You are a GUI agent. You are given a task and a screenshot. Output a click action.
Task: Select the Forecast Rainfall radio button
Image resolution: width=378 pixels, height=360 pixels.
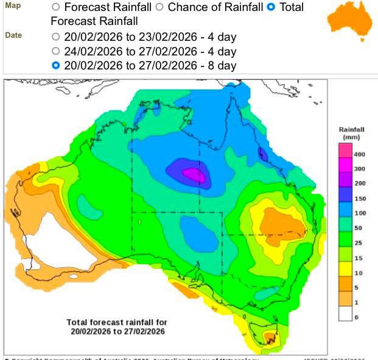[56, 8]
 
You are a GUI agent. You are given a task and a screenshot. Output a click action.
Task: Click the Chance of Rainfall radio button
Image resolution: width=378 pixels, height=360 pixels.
[160, 8]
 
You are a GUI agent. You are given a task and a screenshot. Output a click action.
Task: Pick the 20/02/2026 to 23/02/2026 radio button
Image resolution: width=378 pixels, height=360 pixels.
[56, 36]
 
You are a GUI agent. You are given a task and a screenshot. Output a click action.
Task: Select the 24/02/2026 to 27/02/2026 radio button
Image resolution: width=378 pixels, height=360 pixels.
[56, 51]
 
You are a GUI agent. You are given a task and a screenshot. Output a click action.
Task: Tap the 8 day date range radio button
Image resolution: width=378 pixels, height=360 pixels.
[56, 66]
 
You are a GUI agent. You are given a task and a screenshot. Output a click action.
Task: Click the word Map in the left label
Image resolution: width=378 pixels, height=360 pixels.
[13, 5]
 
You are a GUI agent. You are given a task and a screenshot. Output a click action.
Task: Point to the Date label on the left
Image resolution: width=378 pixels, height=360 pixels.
[13, 35]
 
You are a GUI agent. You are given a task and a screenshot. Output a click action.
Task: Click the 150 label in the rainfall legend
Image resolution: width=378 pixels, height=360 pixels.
[360, 198]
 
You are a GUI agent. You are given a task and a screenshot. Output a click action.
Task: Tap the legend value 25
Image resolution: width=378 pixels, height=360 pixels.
[360, 242]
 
